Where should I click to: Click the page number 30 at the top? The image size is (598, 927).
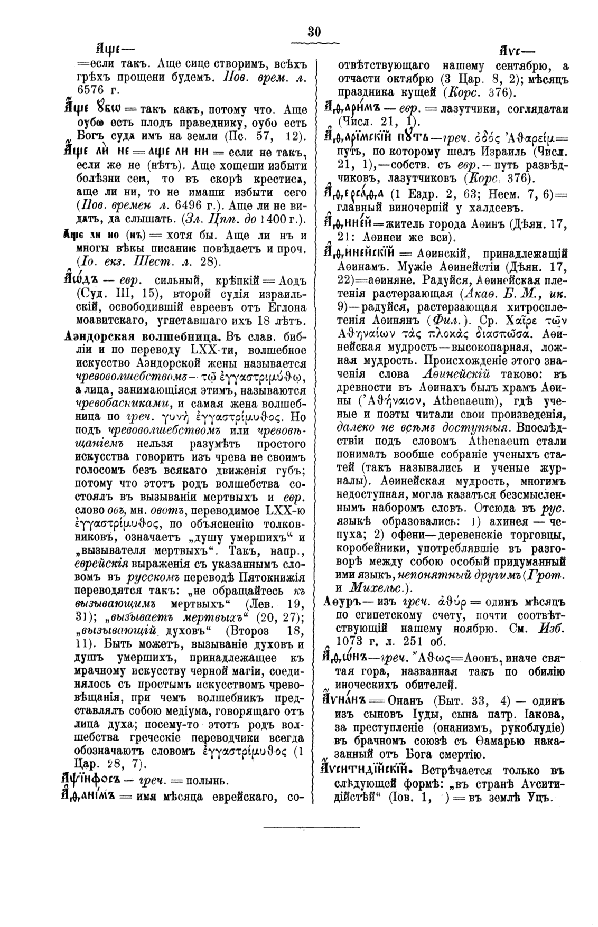point(314,32)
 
